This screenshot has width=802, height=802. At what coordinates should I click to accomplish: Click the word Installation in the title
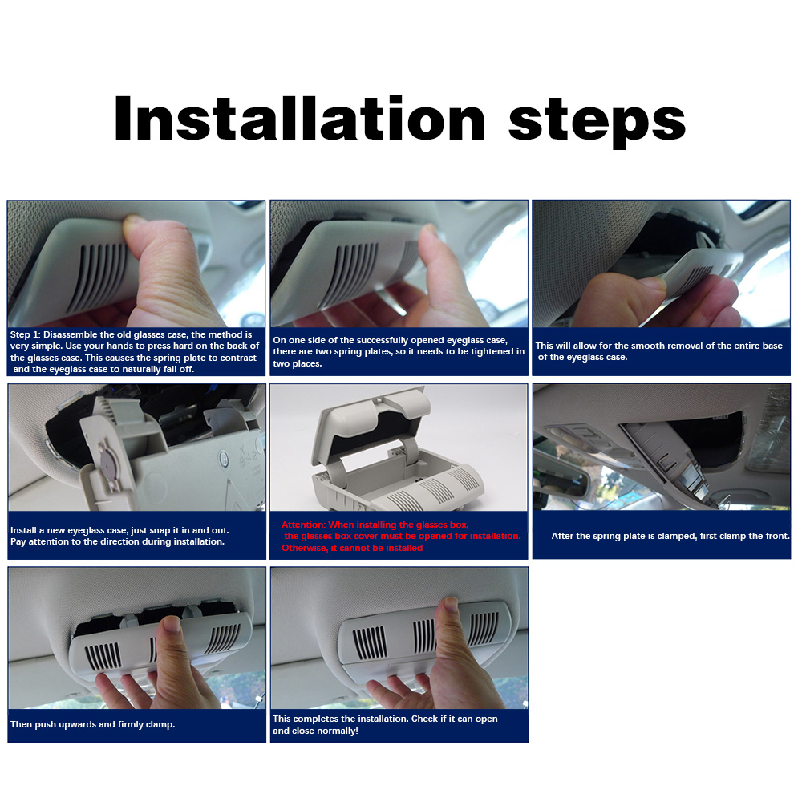(x=300, y=118)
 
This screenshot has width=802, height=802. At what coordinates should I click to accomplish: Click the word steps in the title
(x=597, y=122)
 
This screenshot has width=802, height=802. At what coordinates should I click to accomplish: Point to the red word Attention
(x=303, y=525)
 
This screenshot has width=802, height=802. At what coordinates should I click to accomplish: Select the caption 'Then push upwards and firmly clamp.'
(x=92, y=724)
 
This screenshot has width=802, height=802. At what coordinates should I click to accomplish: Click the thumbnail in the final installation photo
(x=450, y=604)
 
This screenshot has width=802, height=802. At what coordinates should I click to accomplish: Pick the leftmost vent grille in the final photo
(x=369, y=642)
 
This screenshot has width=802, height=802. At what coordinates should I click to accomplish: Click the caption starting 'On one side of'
(x=399, y=352)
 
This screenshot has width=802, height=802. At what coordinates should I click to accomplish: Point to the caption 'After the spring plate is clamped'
(x=670, y=536)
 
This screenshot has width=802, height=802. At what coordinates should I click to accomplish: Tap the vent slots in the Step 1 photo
(x=98, y=276)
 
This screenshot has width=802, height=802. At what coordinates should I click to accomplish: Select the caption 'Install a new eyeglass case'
(x=119, y=536)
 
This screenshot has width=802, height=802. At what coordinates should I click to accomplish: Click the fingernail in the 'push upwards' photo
(x=170, y=623)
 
